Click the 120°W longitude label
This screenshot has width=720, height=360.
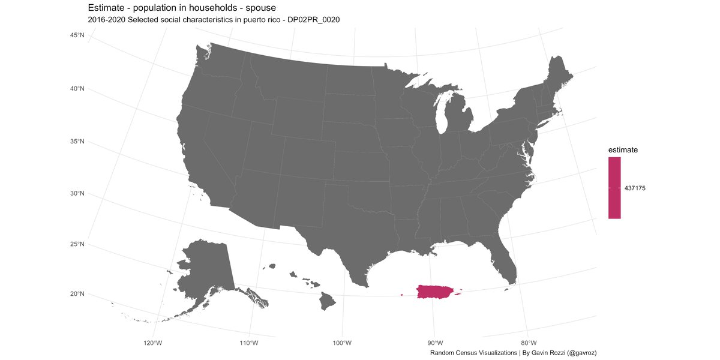pyautogui.click(x=153, y=343)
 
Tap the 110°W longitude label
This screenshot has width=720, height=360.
pyautogui.click(x=248, y=343)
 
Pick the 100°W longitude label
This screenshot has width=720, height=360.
pyautogui.click(x=342, y=343)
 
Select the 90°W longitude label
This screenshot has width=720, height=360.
pyautogui.click(x=435, y=343)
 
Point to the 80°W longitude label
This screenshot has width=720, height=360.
pyautogui.click(x=527, y=343)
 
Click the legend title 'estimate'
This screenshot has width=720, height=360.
pyautogui.click(x=622, y=149)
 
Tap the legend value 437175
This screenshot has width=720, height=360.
pyautogui.click(x=635, y=188)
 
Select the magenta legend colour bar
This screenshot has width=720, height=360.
pyautogui.click(x=614, y=188)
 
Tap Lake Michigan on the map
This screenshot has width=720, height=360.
pyautogui.click(x=442, y=118)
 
